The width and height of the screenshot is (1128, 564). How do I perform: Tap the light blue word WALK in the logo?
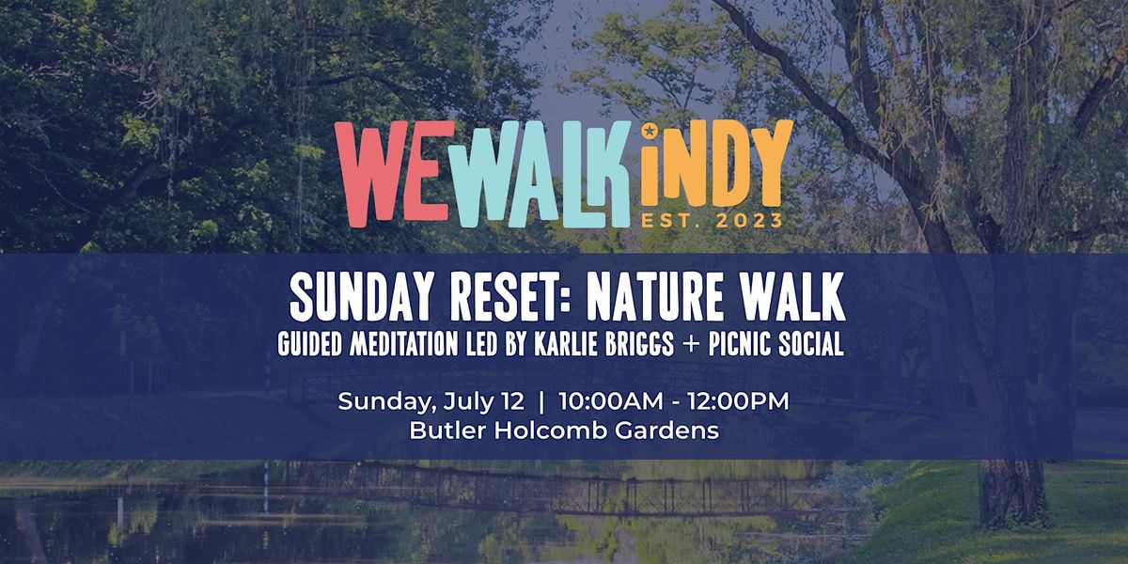pos(540,174)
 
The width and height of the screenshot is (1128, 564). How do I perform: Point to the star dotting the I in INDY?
pos(650,132)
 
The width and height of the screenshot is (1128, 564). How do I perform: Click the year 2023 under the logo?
pos(750,221)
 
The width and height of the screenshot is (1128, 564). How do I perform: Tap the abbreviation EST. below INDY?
pos(673,221)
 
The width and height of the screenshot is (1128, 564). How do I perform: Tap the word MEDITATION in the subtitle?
pos(404,344)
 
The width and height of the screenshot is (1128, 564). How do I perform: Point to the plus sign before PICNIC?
pos(691,345)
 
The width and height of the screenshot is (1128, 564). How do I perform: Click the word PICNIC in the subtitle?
pos(740,344)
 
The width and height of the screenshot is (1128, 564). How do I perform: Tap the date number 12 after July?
pos(512,401)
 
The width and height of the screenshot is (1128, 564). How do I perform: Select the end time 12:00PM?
pos(738,401)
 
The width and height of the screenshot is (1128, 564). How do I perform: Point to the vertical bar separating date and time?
pos(541,402)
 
